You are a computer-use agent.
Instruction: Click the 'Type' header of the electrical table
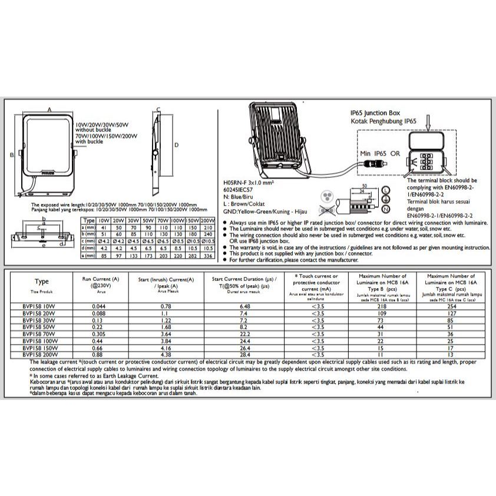[42, 282]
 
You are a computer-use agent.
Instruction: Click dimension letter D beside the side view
[176, 145]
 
